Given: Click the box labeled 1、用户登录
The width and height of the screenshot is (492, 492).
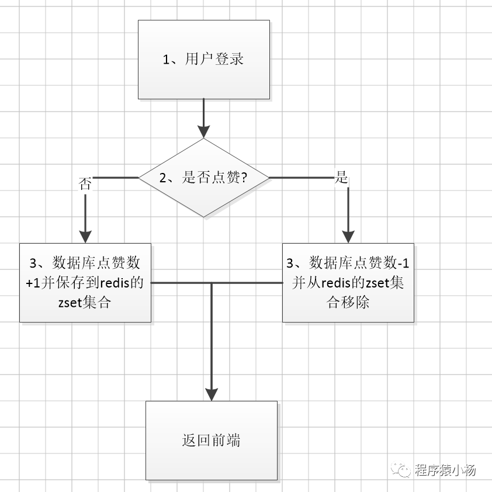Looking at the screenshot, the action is pyautogui.click(x=203, y=59).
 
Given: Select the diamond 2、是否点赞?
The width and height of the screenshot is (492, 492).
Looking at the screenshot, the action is pyautogui.click(x=203, y=178).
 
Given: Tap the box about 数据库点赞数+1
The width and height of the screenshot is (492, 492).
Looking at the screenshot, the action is pyautogui.click(x=85, y=282).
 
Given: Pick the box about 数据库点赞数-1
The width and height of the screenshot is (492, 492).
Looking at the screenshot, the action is pyautogui.click(x=348, y=282).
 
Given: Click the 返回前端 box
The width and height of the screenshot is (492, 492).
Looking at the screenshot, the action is pyautogui.click(x=211, y=440).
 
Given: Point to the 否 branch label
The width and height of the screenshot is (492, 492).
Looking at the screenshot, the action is pyautogui.click(x=85, y=184).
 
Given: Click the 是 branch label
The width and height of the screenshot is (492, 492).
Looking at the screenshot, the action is pyautogui.click(x=342, y=178).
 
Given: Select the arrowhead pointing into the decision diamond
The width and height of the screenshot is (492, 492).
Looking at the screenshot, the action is pyautogui.click(x=203, y=132).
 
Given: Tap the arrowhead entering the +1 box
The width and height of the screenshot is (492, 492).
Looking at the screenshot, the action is pyautogui.click(x=85, y=236).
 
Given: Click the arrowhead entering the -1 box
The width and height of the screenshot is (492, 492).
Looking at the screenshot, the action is pyautogui.click(x=348, y=236).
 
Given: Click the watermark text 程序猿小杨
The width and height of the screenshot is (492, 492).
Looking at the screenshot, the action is pyautogui.click(x=446, y=470).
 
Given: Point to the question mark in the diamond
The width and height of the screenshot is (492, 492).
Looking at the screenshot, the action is pyautogui.click(x=244, y=178).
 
